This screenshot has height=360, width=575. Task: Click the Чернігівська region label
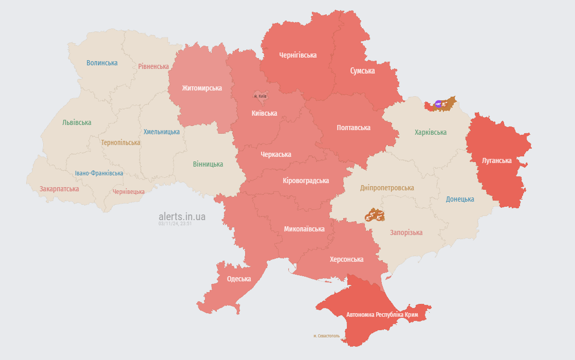pos(298,55)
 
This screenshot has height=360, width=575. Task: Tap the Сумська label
pos(362,71)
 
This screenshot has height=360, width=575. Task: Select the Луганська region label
pos(496,160)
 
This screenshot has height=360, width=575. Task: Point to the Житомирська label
pos(202,88)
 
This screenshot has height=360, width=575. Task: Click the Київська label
pos(265,113)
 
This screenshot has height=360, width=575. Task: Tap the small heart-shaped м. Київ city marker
pos(260,96)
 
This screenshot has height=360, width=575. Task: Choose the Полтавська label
pos(353,128)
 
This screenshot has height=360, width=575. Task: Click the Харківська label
pos(431,132)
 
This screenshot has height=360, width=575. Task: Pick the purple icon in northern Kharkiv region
pos(438,104)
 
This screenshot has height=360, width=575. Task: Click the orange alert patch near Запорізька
pos(375,215)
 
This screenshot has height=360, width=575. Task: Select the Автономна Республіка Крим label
pos(382,314)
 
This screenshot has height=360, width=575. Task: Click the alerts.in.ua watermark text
pos(182,217)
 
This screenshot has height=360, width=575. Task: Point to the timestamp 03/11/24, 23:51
pos(175,224)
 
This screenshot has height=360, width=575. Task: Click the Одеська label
pos(239,279)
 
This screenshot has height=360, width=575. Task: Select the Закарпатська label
pos(59,189)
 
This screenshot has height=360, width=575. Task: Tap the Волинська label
pos(102,63)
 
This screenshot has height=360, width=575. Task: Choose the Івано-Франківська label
pos(99,173)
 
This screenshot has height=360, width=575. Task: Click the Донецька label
pos(460,199)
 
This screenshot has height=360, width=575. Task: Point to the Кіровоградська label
pos(306,181)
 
